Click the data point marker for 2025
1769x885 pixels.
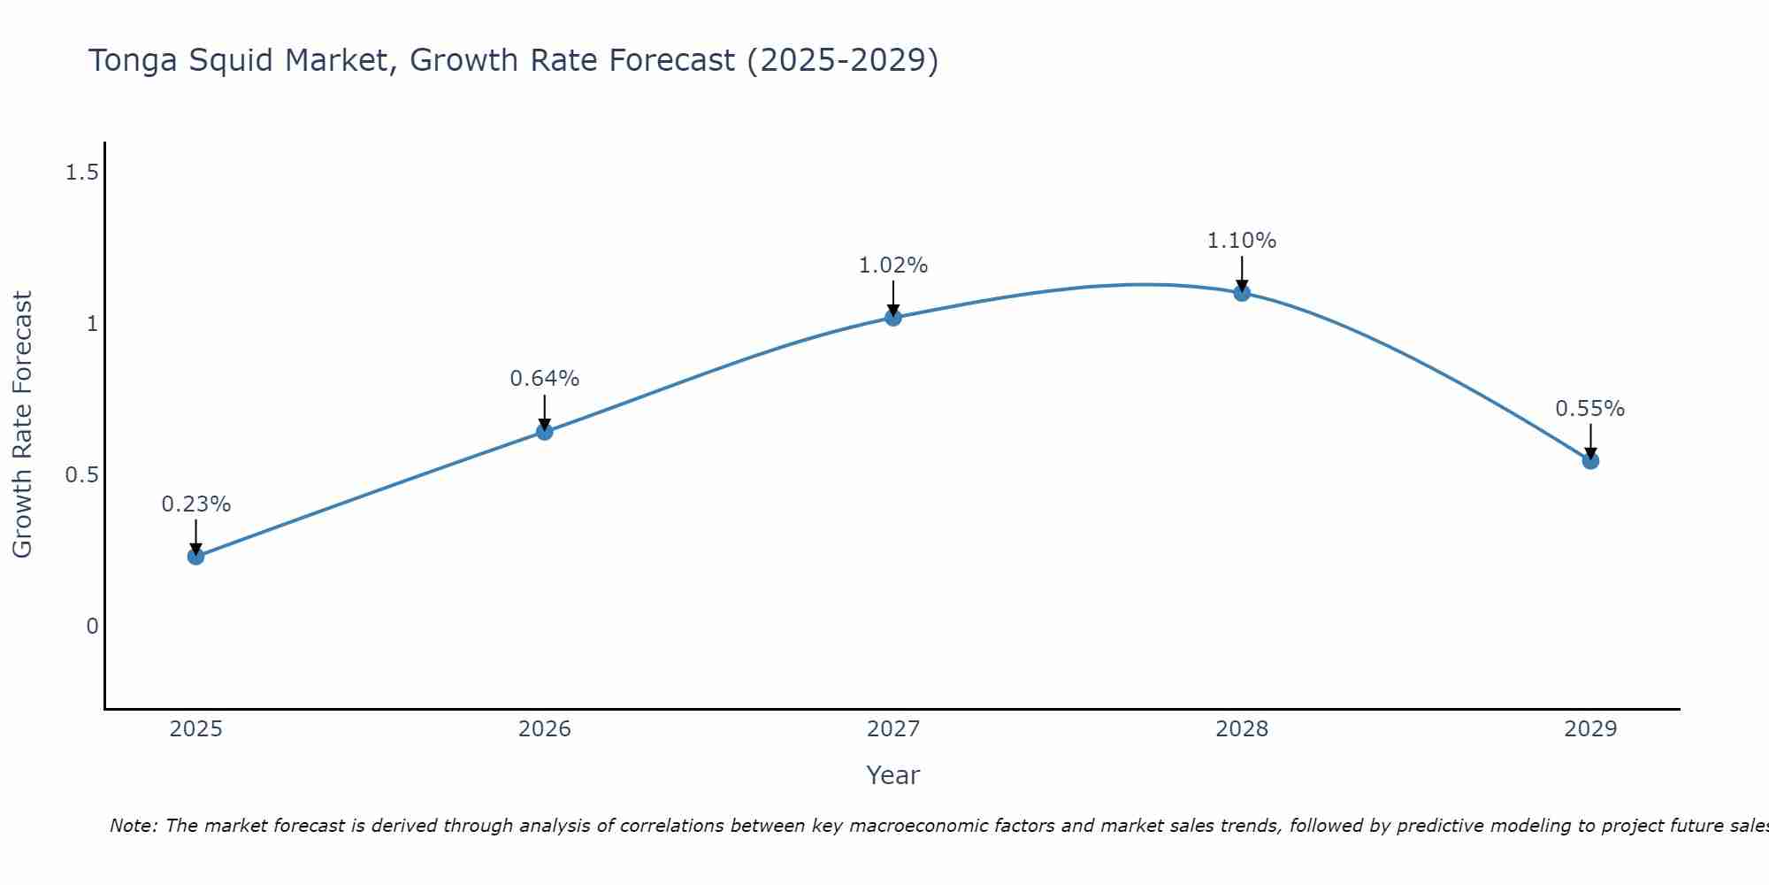tap(195, 556)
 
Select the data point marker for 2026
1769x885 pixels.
tap(544, 432)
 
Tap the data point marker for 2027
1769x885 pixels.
tap(893, 318)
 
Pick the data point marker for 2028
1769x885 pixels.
tap(1242, 293)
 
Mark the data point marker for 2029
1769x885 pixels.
tap(1590, 460)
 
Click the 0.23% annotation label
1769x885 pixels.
tap(195, 504)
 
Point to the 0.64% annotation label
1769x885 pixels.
tap(544, 379)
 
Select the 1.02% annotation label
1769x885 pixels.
tap(893, 265)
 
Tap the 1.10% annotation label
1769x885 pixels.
tap(1242, 241)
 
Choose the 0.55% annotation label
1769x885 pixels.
tap(1590, 409)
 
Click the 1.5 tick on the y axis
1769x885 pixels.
tap(81, 173)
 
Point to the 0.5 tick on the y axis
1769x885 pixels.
tap(81, 475)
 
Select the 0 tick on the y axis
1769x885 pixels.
tap(92, 627)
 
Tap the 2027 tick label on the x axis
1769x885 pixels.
tap(893, 729)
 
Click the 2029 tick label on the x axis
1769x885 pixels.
tap(1590, 729)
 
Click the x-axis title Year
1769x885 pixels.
tap(893, 775)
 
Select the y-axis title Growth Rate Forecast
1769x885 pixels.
tap(22, 425)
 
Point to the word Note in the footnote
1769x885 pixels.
tap(133, 826)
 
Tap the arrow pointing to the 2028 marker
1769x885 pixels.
tap(1242, 274)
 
